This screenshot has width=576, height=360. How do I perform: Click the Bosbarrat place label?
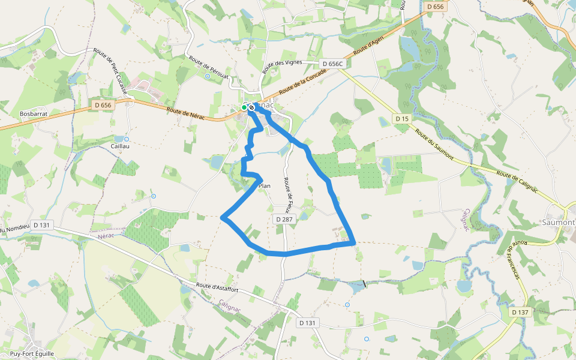pyautogui.click(x=33, y=113)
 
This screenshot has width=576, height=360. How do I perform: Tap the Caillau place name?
pyautogui.click(x=120, y=146)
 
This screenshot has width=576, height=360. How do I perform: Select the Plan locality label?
pyautogui.click(x=264, y=186)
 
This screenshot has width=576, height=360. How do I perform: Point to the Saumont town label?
pyautogui.click(x=558, y=222)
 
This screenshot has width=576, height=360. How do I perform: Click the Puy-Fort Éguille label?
pyautogui.click(x=28, y=353)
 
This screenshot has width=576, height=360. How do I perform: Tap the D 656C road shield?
pyautogui.click(x=332, y=64)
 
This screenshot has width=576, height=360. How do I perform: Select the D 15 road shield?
pyautogui.click(x=402, y=119)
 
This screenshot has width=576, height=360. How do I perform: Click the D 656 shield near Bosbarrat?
pyautogui.click(x=103, y=105)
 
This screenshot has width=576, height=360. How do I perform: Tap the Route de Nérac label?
pyautogui.click(x=186, y=113)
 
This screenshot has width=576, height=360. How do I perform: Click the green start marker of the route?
pyautogui.click(x=244, y=107)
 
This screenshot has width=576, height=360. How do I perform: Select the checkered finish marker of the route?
pyautogui.click(x=251, y=108)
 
